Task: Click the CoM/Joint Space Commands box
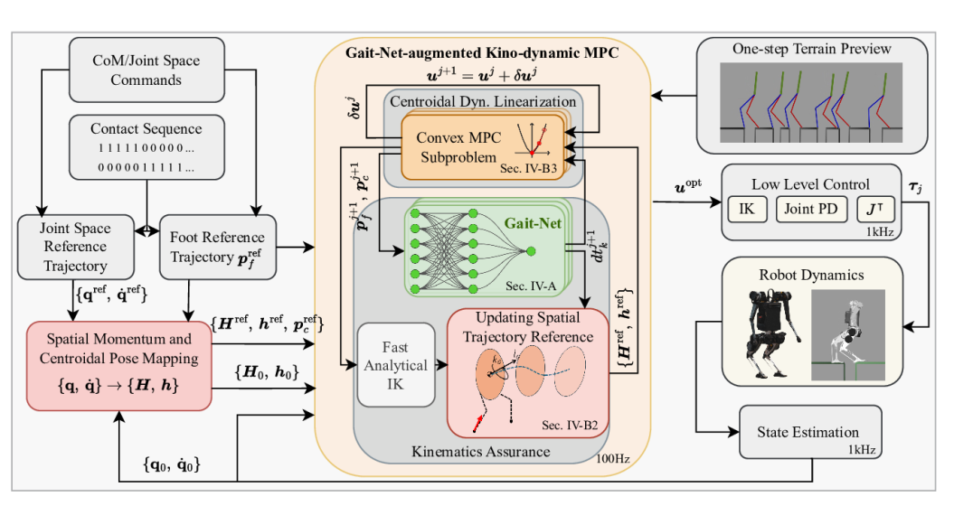point(146,70)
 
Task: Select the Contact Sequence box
point(146,147)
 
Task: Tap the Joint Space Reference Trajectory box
point(76,247)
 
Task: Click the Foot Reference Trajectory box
point(218,247)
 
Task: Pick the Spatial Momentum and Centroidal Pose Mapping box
point(119,366)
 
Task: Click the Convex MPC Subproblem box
point(483,147)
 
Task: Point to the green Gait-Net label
point(533,223)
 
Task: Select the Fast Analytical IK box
point(396,365)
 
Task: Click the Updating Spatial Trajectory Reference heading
point(528,327)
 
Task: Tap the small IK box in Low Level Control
point(747,209)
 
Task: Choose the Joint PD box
point(811,209)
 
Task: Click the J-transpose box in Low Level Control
point(875,209)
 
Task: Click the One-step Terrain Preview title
point(812,49)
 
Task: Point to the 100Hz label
point(613,459)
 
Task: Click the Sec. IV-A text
point(531,286)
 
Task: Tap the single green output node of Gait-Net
point(531,251)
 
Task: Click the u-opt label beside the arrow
point(688,185)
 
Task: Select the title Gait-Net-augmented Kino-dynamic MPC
point(482,52)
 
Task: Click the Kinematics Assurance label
point(481,452)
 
